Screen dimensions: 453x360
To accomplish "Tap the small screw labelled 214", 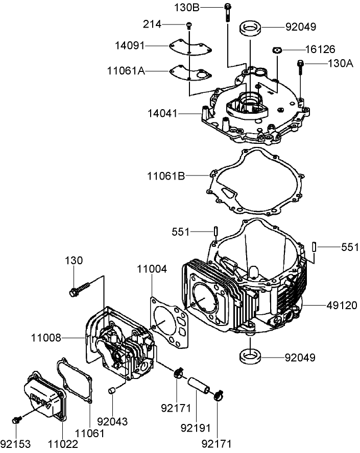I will pos(188,25).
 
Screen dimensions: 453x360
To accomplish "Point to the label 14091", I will pos(130,46).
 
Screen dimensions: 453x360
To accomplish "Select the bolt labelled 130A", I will pos(300,66).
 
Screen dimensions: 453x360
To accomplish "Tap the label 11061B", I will pos(166,176).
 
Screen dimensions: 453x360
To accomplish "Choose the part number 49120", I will pos(343,305).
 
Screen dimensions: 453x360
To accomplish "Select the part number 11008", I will pos(46,337).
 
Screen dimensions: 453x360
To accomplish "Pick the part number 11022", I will pos(63,444).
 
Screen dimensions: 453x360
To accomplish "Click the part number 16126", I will pos(320,49).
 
